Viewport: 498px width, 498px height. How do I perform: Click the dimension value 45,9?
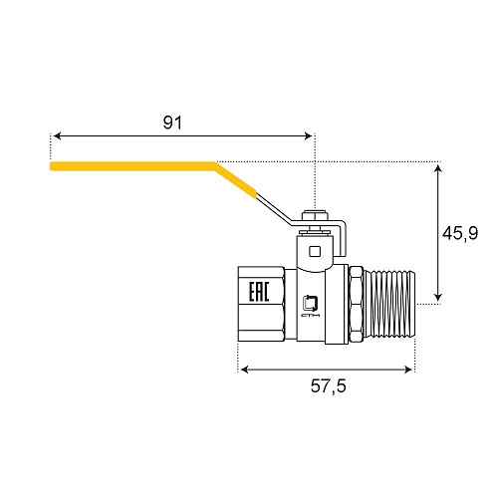point(460,233)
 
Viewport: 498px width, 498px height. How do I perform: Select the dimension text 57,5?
point(326,386)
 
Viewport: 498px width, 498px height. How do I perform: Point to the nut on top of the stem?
point(315,215)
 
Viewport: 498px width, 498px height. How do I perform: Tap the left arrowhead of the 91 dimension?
point(57,134)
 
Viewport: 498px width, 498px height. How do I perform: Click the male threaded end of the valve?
point(390,304)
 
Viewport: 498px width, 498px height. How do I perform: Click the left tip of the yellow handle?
point(53,165)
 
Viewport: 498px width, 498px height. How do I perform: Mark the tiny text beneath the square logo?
point(310,321)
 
